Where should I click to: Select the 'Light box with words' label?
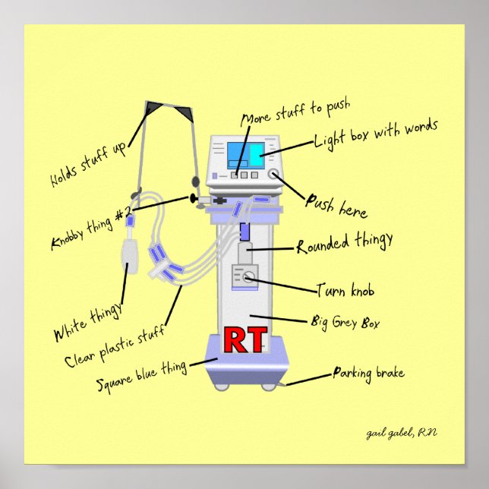(377, 134)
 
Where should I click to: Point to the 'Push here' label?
(336, 205)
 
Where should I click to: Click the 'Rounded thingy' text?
(345, 243)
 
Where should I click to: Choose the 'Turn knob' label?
(345, 291)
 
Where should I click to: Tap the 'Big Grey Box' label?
(345, 323)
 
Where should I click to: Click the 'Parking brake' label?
(368, 373)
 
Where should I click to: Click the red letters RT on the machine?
(246, 341)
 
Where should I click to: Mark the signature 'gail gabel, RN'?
(402, 432)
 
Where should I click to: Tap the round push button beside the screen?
(274, 175)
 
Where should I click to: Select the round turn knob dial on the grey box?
(247, 279)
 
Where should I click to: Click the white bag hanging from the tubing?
(131, 256)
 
